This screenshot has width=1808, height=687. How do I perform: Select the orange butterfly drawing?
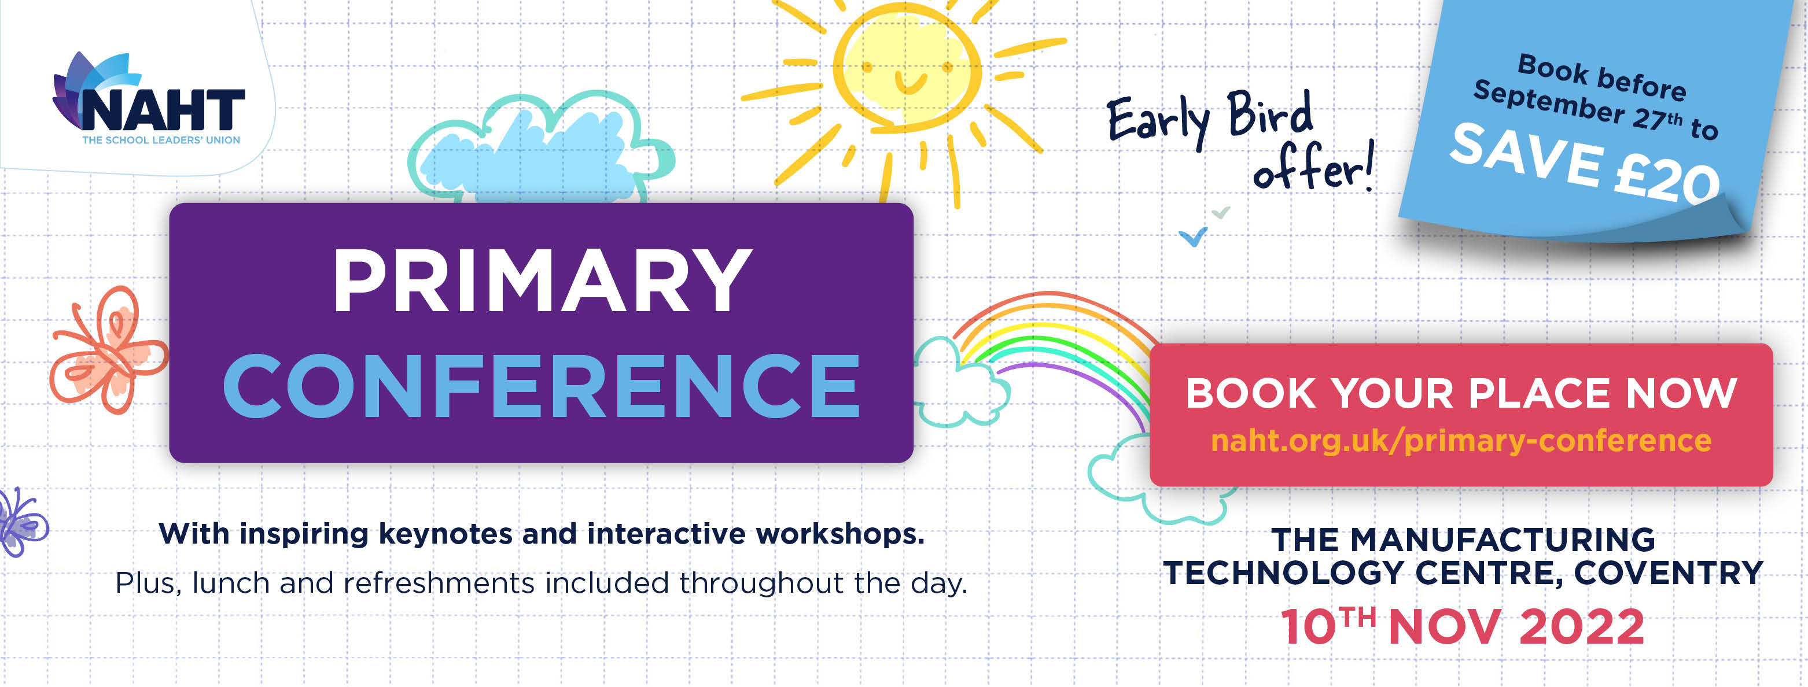(109, 349)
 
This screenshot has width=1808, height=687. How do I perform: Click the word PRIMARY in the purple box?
(542, 280)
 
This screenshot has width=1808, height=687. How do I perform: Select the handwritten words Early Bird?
(1209, 118)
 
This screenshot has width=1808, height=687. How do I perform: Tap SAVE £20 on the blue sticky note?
(1585, 163)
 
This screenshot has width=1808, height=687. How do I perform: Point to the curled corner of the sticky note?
(1733, 210)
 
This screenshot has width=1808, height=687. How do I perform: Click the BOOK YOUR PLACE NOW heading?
(1461, 393)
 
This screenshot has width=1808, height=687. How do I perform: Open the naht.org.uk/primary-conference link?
(1461, 441)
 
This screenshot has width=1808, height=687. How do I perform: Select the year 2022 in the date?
(1582, 627)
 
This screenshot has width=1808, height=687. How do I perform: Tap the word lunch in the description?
(231, 583)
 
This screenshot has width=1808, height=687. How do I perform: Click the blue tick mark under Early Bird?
(1192, 237)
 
